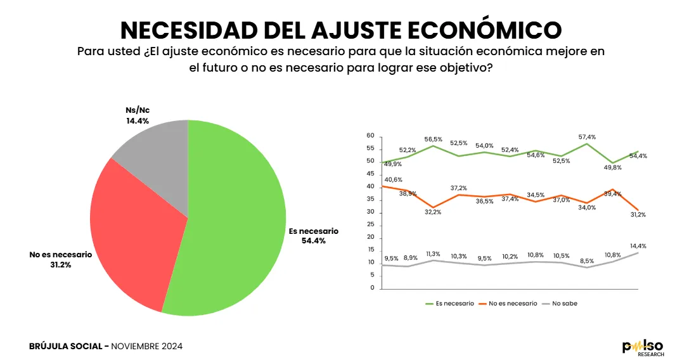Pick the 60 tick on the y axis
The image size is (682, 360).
point(371,136)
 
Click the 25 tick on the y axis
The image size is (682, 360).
point(371,225)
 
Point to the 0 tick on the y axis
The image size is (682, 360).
point(373,288)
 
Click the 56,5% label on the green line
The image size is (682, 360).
point(433,139)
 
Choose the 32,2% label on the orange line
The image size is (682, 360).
point(432,212)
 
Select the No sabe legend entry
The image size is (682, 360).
point(564,304)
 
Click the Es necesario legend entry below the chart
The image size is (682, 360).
point(454,304)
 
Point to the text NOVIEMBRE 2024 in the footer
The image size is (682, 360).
point(146,346)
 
